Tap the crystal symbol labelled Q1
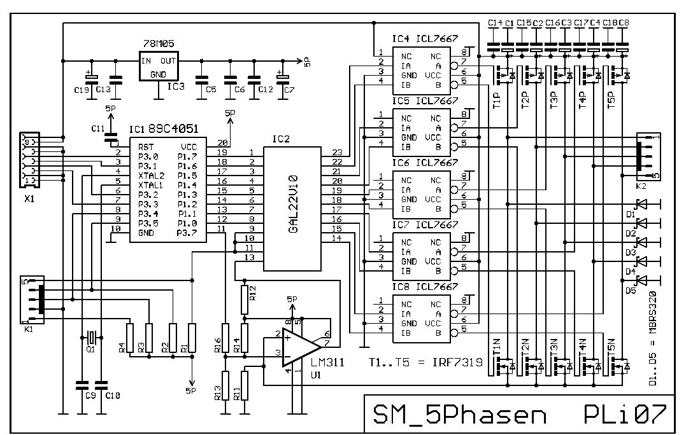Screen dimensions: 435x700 click(91, 336)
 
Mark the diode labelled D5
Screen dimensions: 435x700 click(642, 280)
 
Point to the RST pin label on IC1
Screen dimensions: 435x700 click(146, 146)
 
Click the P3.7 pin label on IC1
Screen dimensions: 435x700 click(190, 232)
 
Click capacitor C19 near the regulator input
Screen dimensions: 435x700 click(92, 78)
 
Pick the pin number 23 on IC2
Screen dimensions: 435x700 click(338, 153)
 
